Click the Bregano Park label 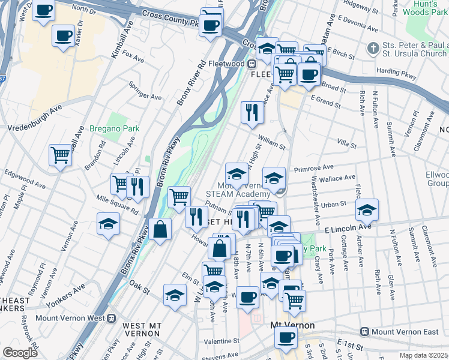pyautogui.click(x=114, y=128)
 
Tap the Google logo pyautogui.click(x=20, y=353)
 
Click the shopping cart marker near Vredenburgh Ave pyautogui.click(x=61, y=155)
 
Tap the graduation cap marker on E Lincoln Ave pyautogui.click(x=367, y=209)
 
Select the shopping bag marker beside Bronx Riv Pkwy pyautogui.click(x=160, y=229)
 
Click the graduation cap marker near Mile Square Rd pyautogui.click(x=108, y=224)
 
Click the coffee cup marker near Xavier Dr pyautogui.click(x=63, y=36)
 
